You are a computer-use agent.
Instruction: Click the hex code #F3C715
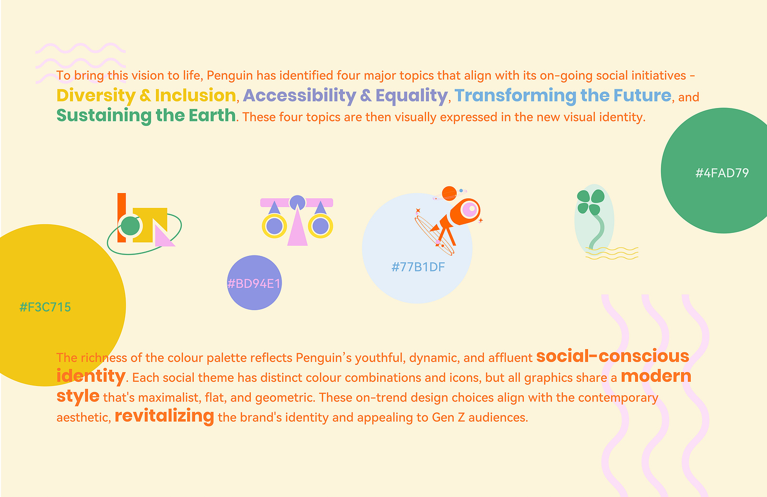[x=45, y=307]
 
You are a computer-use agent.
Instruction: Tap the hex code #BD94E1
[x=254, y=283]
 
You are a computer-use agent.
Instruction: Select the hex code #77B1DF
[x=418, y=267]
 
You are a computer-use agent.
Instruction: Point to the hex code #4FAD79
[x=722, y=173]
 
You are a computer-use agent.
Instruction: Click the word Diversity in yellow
[x=96, y=96]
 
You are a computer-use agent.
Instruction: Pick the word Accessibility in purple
[x=300, y=96]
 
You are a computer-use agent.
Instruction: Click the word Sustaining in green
[x=104, y=116]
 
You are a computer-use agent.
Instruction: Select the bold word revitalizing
[x=165, y=416]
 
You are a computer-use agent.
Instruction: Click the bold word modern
[x=656, y=376]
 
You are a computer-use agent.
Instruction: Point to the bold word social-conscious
[x=613, y=356]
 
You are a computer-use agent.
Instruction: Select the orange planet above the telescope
[x=449, y=194]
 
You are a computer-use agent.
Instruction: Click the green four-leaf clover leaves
[x=590, y=202]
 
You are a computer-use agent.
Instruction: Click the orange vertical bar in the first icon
[x=121, y=218]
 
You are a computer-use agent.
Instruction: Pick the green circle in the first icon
[x=130, y=226]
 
